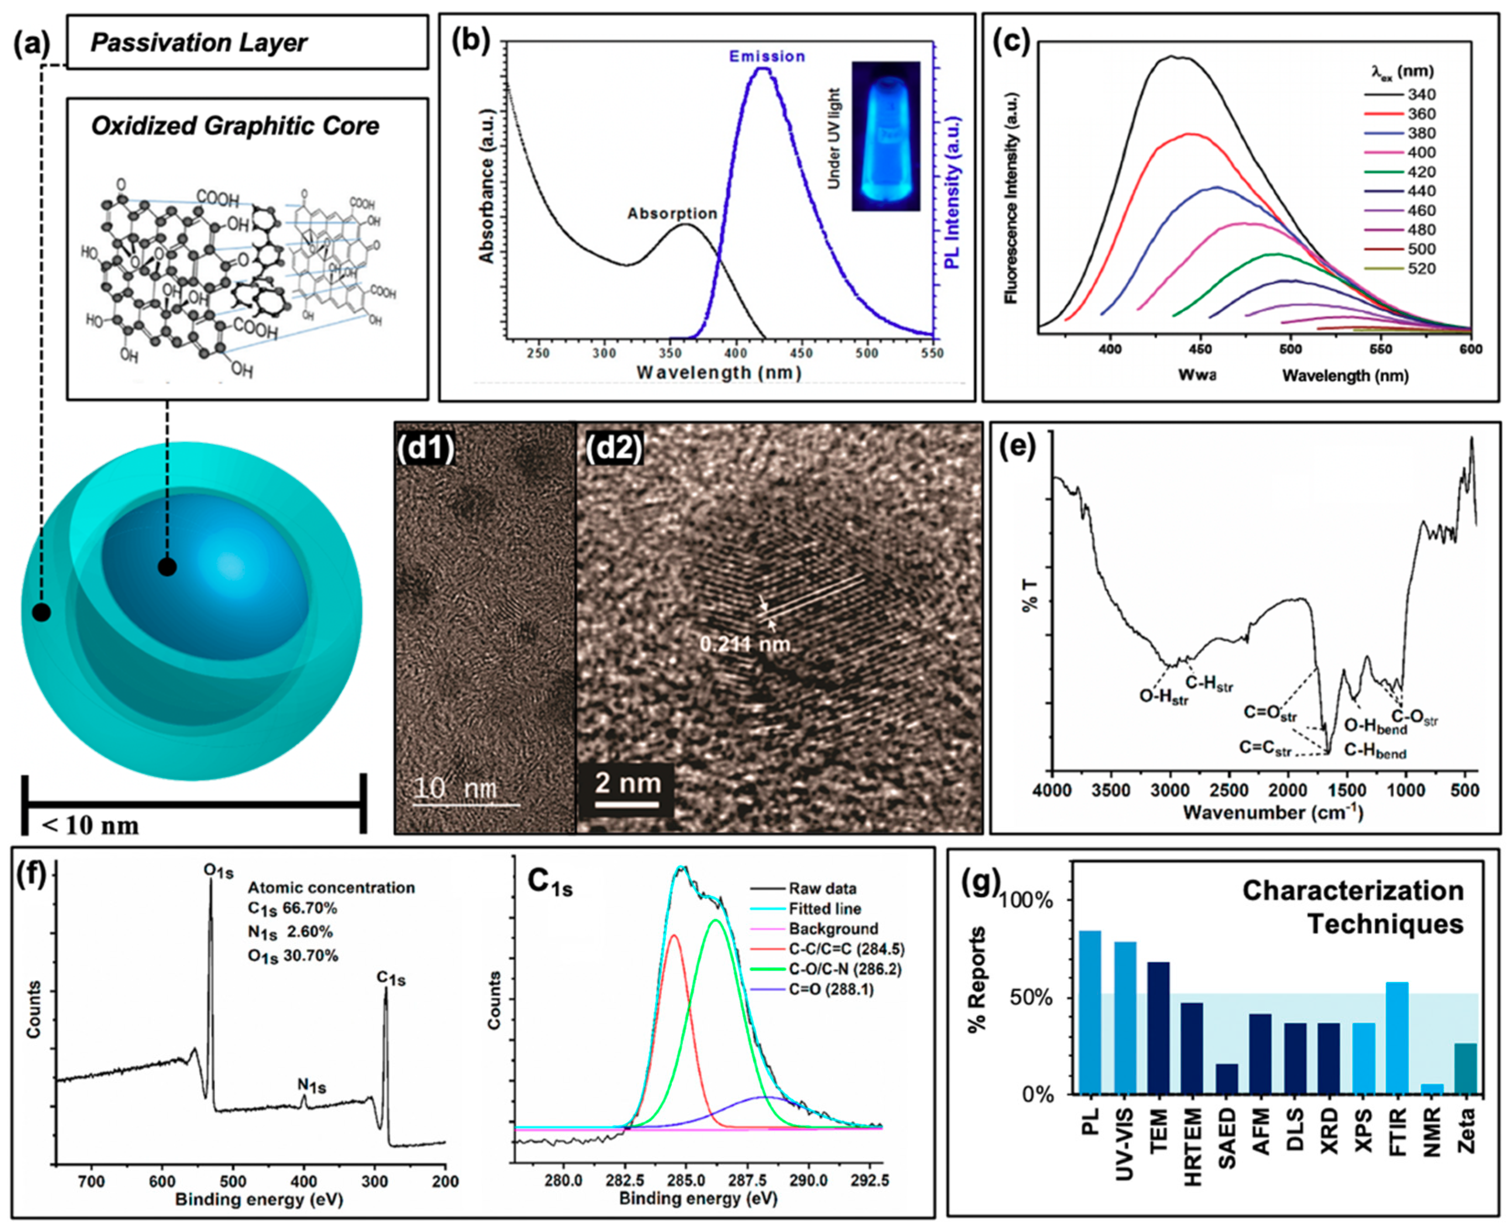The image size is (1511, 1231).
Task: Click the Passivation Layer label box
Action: pos(247,42)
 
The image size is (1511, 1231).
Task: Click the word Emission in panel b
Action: pos(767,56)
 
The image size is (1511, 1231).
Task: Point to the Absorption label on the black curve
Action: pos(672,213)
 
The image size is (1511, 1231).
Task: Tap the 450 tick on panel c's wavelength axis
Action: pos(1200,349)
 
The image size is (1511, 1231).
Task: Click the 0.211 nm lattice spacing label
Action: pos(744,644)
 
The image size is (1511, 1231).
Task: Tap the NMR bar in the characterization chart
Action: pos(1431,1088)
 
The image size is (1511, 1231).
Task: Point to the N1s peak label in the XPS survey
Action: pos(312,1085)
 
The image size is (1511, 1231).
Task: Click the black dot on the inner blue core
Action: pos(167,567)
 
